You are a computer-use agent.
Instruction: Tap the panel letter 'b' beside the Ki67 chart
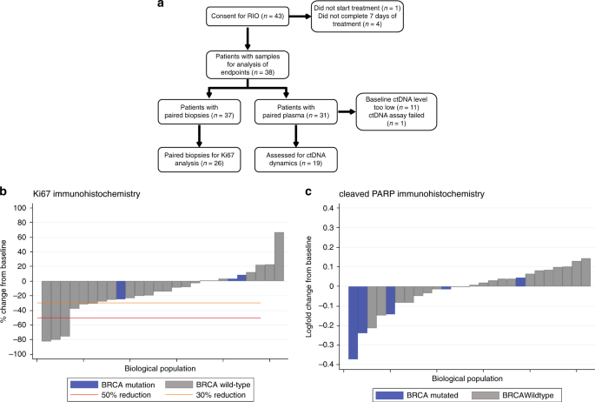[x=4, y=193]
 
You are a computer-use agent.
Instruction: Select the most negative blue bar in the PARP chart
[x=353, y=322]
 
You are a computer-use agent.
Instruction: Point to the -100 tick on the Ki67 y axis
[x=21, y=355]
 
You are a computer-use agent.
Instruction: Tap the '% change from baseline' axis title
[x=7, y=281]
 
